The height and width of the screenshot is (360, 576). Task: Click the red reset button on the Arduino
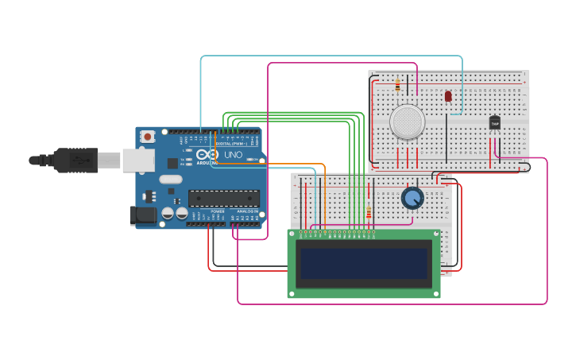click(148, 137)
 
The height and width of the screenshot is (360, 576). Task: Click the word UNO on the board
click(233, 154)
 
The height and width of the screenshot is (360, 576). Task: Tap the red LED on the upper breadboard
click(448, 96)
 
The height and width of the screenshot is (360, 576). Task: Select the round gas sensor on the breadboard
click(408, 122)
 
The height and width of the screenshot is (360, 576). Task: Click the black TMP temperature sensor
click(495, 123)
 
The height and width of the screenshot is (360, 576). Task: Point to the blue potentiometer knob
click(412, 198)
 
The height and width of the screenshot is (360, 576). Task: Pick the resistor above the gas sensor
click(397, 84)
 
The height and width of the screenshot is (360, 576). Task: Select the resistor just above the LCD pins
click(369, 212)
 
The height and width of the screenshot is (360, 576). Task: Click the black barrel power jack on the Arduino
click(143, 215)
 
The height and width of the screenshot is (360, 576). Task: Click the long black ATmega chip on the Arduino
click(223, 199)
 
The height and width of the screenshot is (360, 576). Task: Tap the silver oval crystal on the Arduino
click(170, 180)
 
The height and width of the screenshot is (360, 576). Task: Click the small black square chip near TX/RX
click(172, 163)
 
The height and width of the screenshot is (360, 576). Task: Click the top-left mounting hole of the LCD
click(292, 234)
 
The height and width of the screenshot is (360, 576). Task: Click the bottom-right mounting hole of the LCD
click(435, 294)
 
